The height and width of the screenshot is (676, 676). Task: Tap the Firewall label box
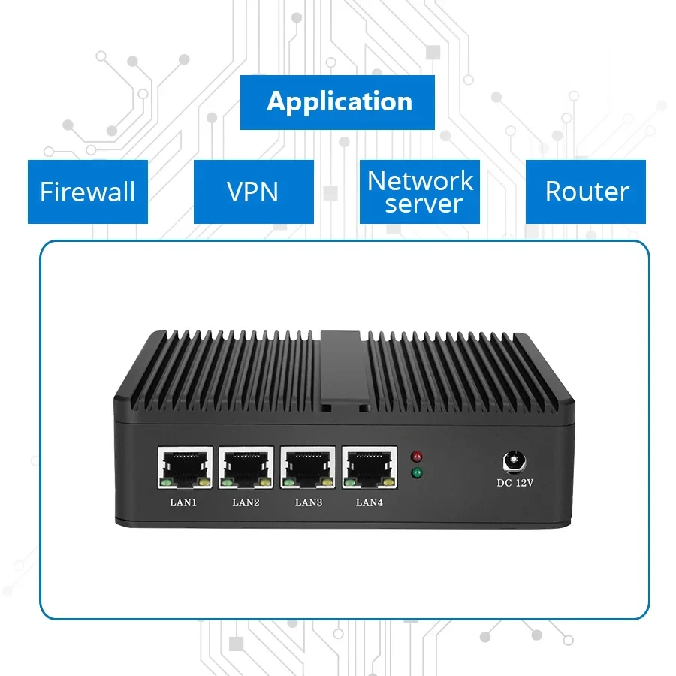coord(88,192)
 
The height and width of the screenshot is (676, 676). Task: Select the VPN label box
coord(253,192)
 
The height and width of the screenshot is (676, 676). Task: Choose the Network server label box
coord(420,192)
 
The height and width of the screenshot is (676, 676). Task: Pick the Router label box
coord(587,192)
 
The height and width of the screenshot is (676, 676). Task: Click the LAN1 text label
coord(183,502)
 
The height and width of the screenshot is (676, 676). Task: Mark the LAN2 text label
coord(246,502)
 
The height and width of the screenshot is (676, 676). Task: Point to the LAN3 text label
coord(308,502)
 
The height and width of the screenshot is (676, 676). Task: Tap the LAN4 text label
coord(370,502)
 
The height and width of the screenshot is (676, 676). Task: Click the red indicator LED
coord(416,456)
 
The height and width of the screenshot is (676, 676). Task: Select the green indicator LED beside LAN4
coord(416,473)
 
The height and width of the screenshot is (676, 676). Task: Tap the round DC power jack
coord(515,459)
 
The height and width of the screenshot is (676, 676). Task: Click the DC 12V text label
coord(515,482)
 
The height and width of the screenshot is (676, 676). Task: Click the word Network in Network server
coord(420,181)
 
